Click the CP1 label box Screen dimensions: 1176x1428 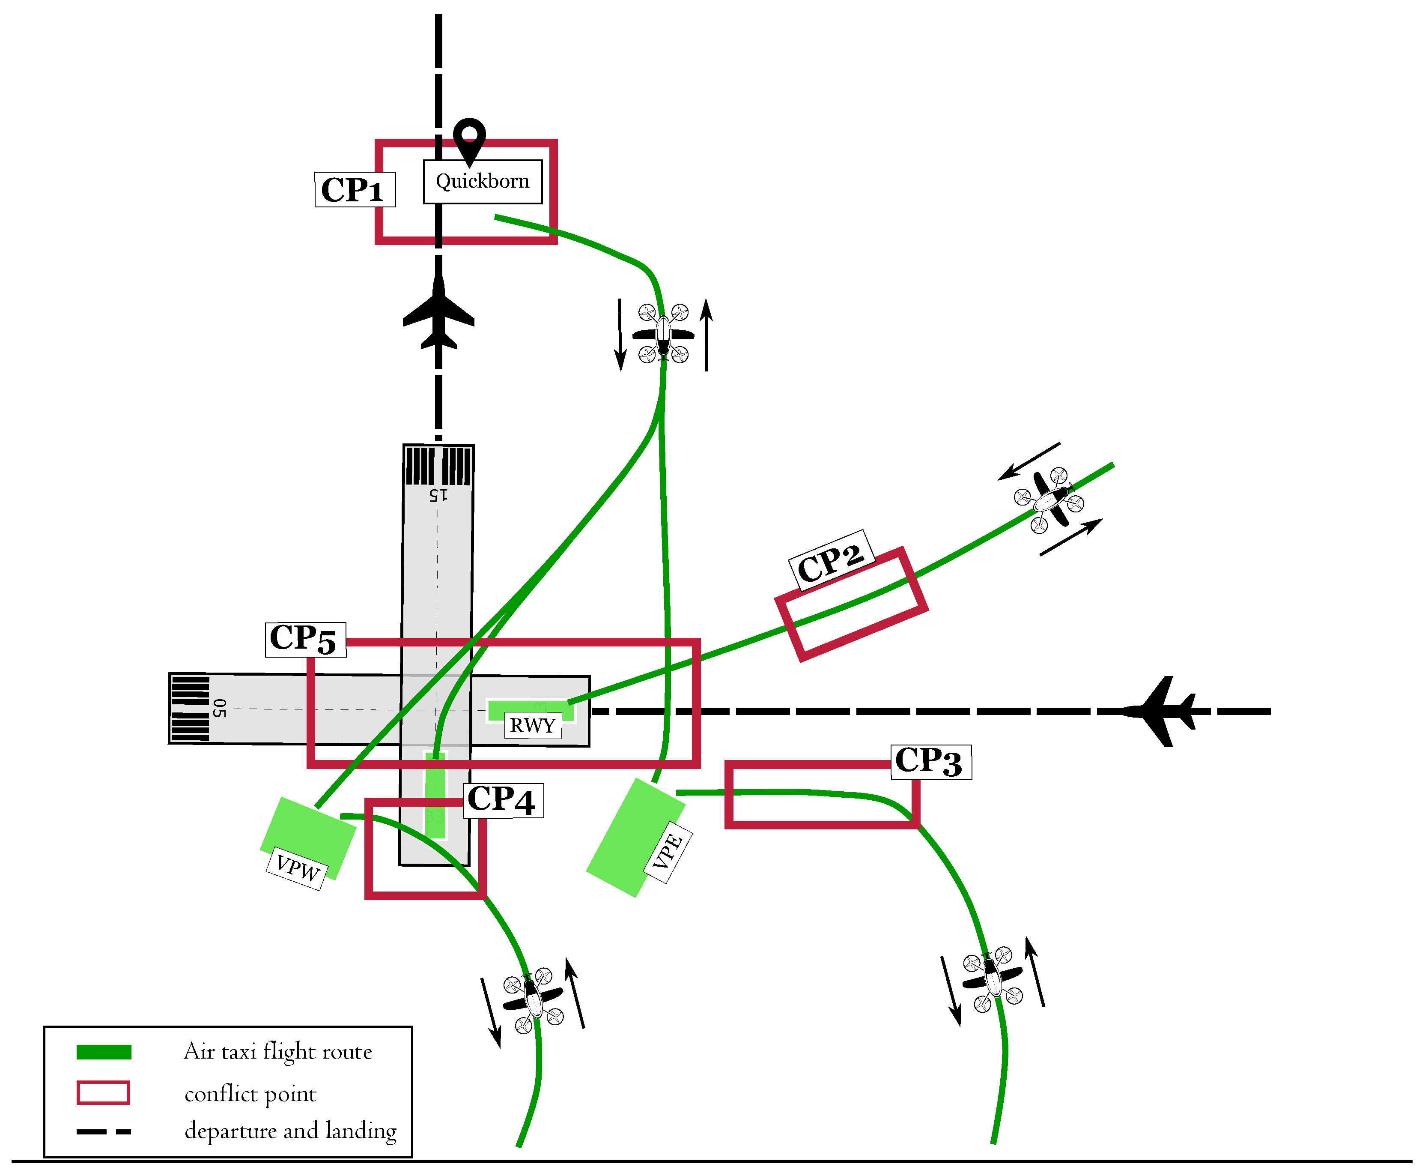pyautogui.click(x=354, y=190)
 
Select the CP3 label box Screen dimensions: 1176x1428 pyautogui.click(x=930, y=761)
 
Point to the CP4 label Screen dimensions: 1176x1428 pyautogui.click(x=502, y=800)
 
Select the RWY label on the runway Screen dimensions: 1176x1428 pyautogui.click(x=532, y=725)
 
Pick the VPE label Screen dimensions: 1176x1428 pyautogui.click(x=668, y=852)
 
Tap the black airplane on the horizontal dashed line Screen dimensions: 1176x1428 pyautogui.click(x=1161, y=711)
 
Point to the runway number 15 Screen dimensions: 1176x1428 pyautogui.click(x=438, y=495)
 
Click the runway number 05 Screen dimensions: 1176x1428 pyautogui.click(x=218, y=709)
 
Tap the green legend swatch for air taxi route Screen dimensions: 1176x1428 pyautogui.click(x=104, y=1052)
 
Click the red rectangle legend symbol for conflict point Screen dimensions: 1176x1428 pyautogui.click(x=103, y=1093)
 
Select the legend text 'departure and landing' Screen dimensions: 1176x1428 pyautogui.click(x=290, y=1131)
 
